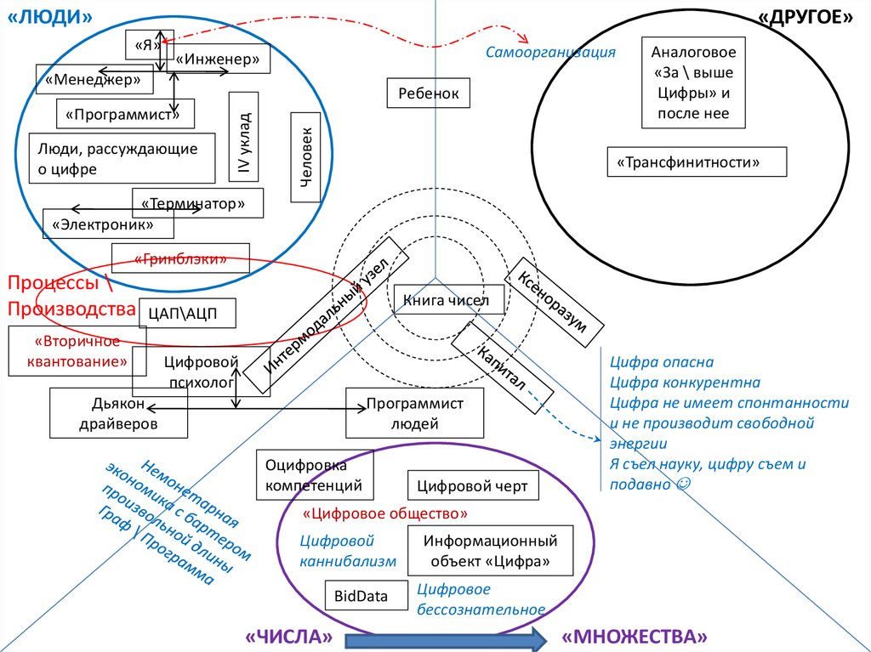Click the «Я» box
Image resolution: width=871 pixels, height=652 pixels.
144,44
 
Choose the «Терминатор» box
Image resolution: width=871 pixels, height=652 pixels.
197,203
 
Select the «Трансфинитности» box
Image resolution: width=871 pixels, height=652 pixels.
697,162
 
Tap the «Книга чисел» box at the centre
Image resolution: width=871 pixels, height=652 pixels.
447,300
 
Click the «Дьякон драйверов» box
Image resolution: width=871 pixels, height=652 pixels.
119,413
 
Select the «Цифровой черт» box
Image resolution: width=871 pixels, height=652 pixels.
471,486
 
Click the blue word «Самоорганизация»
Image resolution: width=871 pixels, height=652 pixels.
550,53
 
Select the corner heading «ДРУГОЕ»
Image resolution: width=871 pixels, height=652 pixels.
805,19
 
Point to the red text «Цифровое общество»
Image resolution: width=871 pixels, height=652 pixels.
385,513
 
